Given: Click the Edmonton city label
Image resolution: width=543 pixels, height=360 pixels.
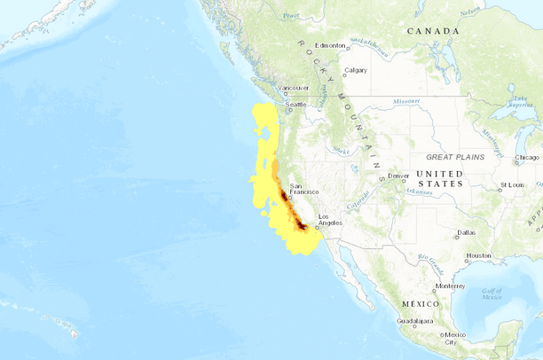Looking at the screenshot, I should coord(329,45).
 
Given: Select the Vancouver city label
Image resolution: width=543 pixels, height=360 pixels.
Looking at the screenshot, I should coord(294,88).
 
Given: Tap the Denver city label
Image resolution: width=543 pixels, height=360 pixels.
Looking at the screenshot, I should coord(398,176).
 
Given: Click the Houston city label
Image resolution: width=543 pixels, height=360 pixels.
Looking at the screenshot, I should coord(478,255).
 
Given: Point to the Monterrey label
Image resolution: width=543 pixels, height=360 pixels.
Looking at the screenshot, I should coord(450,286).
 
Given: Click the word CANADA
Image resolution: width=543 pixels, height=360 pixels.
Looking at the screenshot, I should coord(433,31).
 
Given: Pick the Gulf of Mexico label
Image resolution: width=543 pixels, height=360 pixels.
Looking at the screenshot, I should coord(493,293).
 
